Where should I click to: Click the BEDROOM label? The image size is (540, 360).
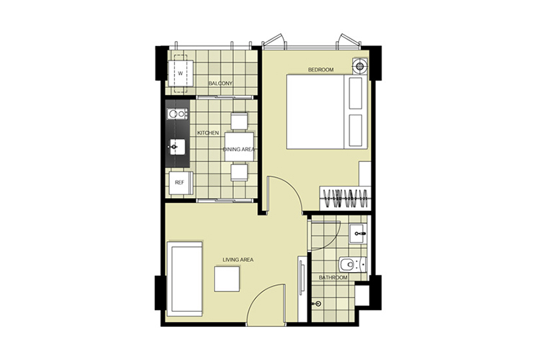point(320,70)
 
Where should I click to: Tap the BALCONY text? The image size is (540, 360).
point(220,84)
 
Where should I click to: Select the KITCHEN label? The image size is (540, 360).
point(207,133)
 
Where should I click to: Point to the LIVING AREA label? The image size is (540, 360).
point(238,260)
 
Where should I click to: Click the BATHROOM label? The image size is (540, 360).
point(333,278)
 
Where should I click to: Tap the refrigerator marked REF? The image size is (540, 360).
point(181,183)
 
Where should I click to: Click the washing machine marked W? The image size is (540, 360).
point(181,73)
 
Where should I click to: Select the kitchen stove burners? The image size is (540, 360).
point(177,114)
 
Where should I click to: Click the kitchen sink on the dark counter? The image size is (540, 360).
point(176,147)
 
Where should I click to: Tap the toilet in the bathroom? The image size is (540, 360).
point(353,265)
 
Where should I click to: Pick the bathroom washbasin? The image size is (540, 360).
point(358,234)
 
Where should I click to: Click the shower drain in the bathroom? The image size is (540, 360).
point(318,304)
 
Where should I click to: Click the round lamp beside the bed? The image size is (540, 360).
point(360,66)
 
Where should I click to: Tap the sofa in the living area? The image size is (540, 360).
point(184,279)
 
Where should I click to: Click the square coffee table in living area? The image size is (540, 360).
point(227,279)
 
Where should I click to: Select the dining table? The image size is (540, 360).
point(239,147)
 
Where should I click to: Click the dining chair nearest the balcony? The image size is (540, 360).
point(239,121)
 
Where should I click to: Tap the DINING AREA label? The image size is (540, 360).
point(239,150)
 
